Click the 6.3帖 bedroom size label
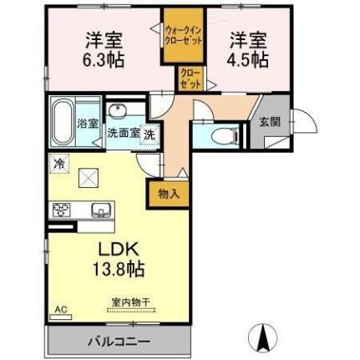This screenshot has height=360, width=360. [x=102, y=60]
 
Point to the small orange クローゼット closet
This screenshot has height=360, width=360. [x=190, y=80]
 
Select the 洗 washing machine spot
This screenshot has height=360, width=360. [x=148, y=134]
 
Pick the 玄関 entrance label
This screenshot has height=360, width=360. [x=269, y=122]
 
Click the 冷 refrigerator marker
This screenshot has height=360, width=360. [x=60, y=164]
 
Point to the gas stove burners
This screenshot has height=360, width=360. [x=61, y=210]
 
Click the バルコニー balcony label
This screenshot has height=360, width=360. [x=118, y=341]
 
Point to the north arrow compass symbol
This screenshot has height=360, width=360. [x=266, y=336]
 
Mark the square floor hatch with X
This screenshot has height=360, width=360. [x=89, y=178]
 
